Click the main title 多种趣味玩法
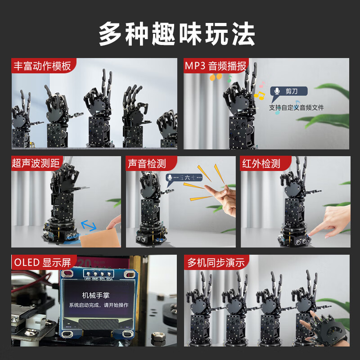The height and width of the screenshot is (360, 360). pos(177,34)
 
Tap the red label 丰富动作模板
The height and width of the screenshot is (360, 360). pos(43,67)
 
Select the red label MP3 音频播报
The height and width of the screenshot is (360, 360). pos(216,67)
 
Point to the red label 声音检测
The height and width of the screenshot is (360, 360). pos(147,163)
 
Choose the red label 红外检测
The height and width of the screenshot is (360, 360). pos(261,163)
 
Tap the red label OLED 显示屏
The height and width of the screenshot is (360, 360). pos(43,262)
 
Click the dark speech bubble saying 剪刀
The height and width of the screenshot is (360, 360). pos(288,91)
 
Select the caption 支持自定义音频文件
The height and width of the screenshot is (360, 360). pos(296,108)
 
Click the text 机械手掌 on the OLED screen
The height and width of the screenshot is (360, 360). pos(96,295)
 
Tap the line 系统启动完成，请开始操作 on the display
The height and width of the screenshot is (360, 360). pos(99,305)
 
